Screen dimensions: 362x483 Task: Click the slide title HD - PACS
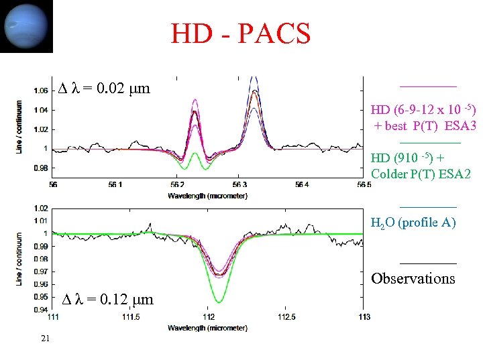(x=240, y=33)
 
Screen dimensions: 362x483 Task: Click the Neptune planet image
(x=26, y=26)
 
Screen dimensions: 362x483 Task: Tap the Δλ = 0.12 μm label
(x=108, y=300)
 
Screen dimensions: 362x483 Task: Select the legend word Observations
(x=413, y=278)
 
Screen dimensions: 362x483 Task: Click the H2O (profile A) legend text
(x=413, y=223)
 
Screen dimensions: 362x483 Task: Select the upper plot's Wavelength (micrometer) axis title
(x=208, y=196)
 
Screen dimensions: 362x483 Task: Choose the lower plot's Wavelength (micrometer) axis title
(x=208, y=328)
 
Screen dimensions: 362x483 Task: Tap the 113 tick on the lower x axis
(x=364, y=316)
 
